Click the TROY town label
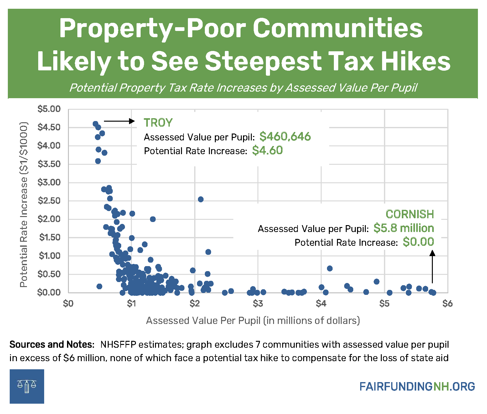pos(158,123)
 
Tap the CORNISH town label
pos(410,214)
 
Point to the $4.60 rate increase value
pos(267,150)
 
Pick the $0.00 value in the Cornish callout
pos(418,242)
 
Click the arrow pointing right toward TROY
pos(119,121)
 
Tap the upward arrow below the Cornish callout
pos(432,267)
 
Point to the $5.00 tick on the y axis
pos(49,109)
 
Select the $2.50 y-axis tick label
pos(49,201)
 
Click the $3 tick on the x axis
pos(258,304)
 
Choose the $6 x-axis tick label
pos(447,304)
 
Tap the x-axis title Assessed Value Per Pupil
pos(253,321)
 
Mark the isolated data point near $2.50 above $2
pos(201,199)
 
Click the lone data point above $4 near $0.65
pos(329,268)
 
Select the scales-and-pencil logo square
pos(27,386)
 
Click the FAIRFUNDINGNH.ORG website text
pos(417,386)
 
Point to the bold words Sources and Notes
pos(52,344)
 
